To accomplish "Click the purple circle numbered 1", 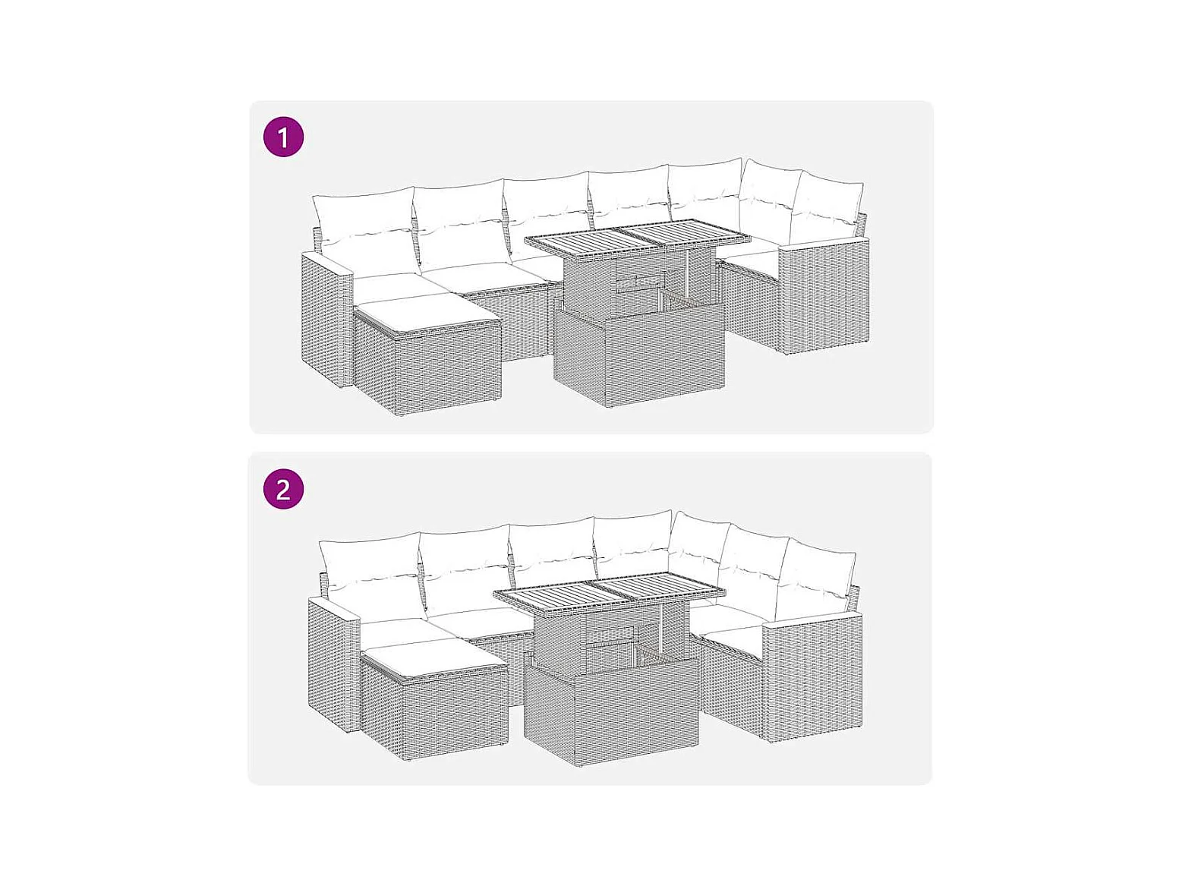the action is click(283, 137).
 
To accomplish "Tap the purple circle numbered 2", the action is click(283, 489).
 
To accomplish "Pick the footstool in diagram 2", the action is click(434, 699).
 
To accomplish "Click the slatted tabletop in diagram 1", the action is click(638, 238).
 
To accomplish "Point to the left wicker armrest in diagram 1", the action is click(326, 319).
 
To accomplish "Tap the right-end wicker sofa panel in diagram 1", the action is click(825, 296).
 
